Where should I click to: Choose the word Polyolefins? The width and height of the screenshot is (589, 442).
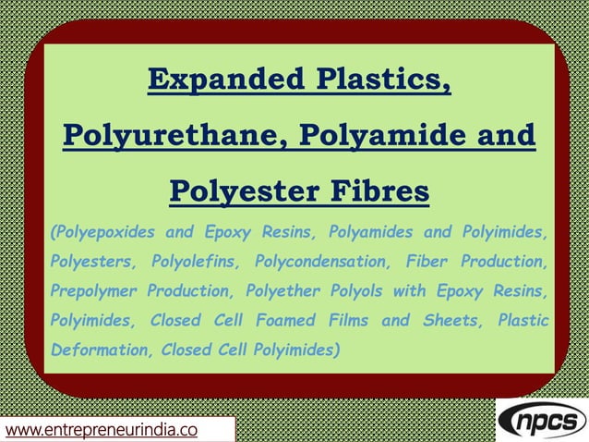tap(197, 261)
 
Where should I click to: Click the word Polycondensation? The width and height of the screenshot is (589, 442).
tap(324, 261)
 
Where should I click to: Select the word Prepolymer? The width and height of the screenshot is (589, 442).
tap(91, 291)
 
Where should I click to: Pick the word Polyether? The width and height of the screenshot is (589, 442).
tap(281, 291)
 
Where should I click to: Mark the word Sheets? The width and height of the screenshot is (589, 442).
tap(450, 321)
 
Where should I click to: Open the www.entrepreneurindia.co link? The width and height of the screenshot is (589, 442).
tap(104, 430)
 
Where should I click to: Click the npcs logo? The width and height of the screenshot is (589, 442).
tap(541, 421)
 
